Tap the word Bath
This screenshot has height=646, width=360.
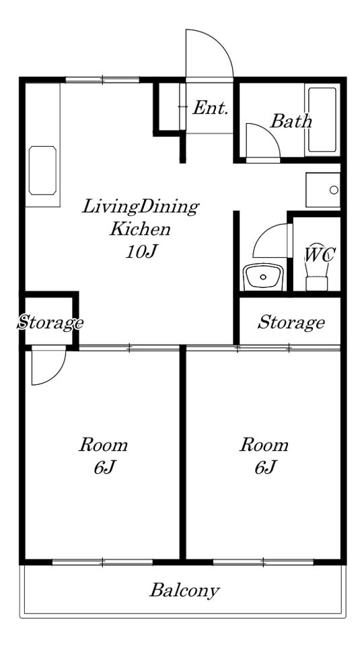pyautogui.click(x=291, y=121)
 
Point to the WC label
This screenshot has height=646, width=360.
pyautogui.click(x=320, y=256)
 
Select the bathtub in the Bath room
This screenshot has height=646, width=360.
pyautogui.click(x=322, y=120)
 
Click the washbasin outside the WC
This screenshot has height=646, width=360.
pyautogui.click(x=264, y=277)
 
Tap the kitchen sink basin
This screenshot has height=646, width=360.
pyautogui.click(x=42, y=170)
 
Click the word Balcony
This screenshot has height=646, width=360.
pyautogui.click(x=184, y=591)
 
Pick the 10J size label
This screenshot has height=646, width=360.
pyautogui.click(x=142, y=251)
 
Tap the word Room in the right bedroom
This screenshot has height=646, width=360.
pyautogui.click(x=264, y=445)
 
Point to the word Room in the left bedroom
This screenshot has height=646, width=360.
pyautogui.click(x=103, y=445)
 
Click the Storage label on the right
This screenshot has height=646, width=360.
pyautogui.click(x=291, y=322)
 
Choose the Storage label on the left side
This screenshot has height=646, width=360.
pyautogui.click(x=50, y=322)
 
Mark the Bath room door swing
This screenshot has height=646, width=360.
pyautogui.click(x=270, y=132)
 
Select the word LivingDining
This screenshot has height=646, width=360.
pyautogui.click(x=141, y=207)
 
